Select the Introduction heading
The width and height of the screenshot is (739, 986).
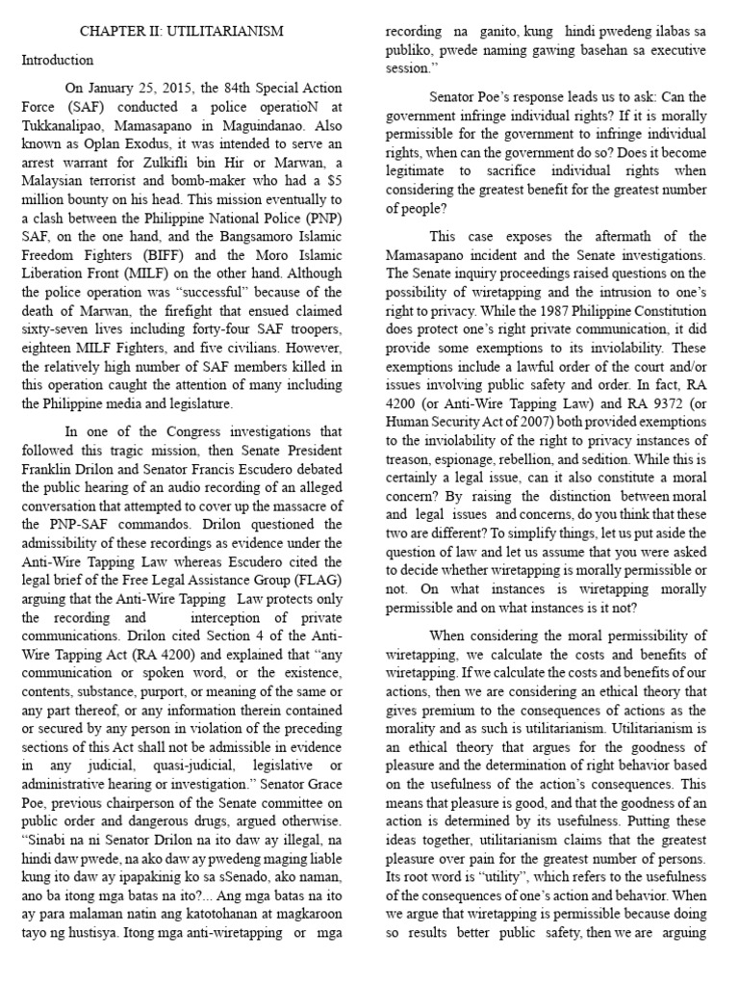tap(58, 60)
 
